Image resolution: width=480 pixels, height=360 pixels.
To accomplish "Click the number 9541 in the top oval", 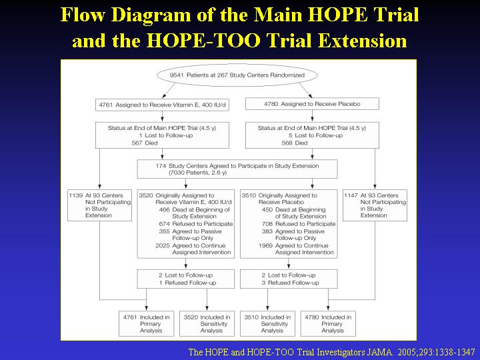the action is click(177, 75).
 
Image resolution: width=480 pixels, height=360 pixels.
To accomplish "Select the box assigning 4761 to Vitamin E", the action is click(162, 105).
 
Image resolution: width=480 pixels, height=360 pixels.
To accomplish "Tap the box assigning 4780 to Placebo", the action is click(312, 104).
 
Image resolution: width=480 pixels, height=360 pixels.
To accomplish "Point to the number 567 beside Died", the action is click(137, 143).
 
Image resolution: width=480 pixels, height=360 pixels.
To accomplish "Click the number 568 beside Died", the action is click(287, 143).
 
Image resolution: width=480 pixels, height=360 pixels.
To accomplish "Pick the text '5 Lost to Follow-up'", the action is click(315, 135).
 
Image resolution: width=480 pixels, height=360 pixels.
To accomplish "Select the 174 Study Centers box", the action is click(237, 169).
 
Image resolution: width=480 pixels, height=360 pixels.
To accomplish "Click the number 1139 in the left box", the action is click(76, 195).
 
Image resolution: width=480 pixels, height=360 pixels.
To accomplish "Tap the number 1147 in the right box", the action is click(351, 195).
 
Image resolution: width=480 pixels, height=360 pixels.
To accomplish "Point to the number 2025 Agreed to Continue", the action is click(163, 246).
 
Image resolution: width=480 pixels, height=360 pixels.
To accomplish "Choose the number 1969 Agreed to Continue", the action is click(265, 246).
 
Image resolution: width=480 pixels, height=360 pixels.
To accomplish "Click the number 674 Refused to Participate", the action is click(165, 224).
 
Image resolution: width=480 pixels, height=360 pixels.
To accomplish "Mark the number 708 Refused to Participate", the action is click(267, 224).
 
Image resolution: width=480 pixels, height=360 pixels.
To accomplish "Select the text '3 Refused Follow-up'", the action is click(290, 283).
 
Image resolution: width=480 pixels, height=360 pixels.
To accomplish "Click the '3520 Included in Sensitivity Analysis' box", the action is click(207, 324).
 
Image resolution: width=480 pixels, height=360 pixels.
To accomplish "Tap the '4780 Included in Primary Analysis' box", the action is click(328, 324).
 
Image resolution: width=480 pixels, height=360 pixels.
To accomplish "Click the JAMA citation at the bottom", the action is click(331, 352).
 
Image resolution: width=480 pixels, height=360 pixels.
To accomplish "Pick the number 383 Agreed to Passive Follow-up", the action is click(267, 231).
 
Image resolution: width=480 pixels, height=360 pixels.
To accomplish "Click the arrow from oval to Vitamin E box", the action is click(169, 91).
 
